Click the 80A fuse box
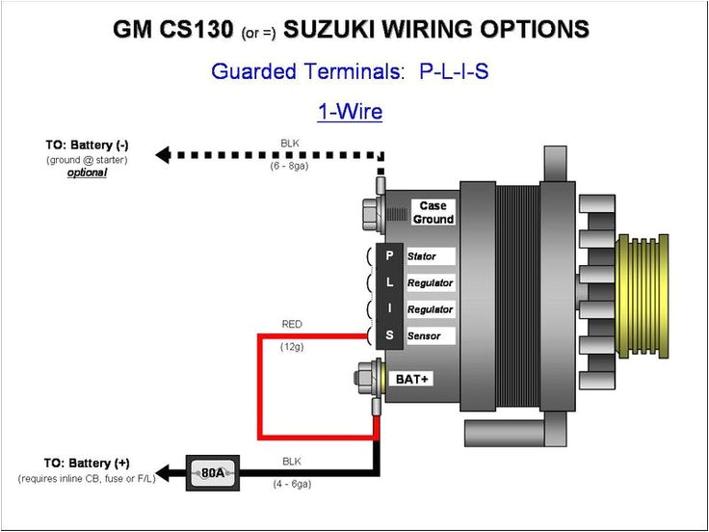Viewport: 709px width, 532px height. (x=212, y=473)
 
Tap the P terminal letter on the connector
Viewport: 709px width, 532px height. (x=389, y=256)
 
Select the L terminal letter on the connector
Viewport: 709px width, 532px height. (x=389, y=282)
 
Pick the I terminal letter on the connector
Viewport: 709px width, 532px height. (x=389, y=309)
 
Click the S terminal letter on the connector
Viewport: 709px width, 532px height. (x=389, y=335)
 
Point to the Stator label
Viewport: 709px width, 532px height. (x=422, y=257)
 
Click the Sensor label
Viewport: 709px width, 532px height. (x=424, y=336)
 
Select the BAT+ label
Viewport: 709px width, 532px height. (x=412, y=379)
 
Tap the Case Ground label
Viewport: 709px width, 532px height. (x=433, y=213)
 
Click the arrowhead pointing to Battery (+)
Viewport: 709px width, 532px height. (x=165, y=473)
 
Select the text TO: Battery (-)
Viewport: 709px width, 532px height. (x=87, y=145)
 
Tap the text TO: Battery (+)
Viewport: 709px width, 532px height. (x=87, y=464)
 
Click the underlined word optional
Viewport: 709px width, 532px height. (x=87, y=173)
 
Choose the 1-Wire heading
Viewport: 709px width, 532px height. (x=350, y=112)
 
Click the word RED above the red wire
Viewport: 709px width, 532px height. (x=291, y=325)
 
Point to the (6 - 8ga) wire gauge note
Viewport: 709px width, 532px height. (x=290, y=165)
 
